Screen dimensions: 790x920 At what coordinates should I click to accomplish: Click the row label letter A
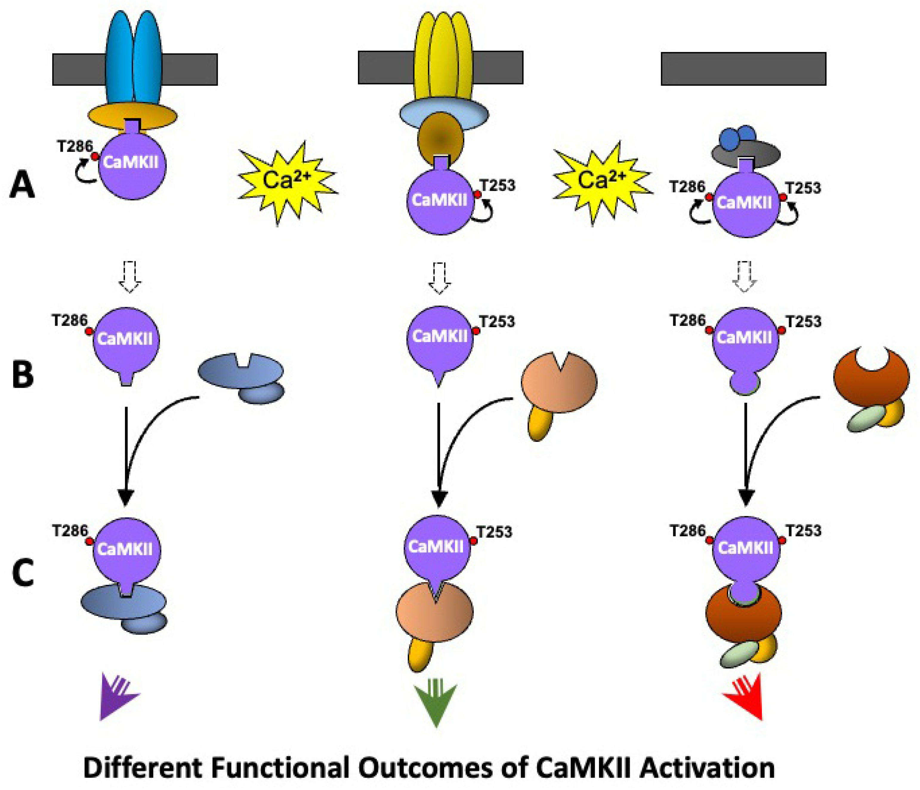click(22, 185)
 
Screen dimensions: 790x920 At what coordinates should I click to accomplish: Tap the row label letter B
click(23, 374)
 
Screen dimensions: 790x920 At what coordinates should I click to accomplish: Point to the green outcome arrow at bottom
click(436, 700)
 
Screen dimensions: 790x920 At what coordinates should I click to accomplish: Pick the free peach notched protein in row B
click(559, 382)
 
